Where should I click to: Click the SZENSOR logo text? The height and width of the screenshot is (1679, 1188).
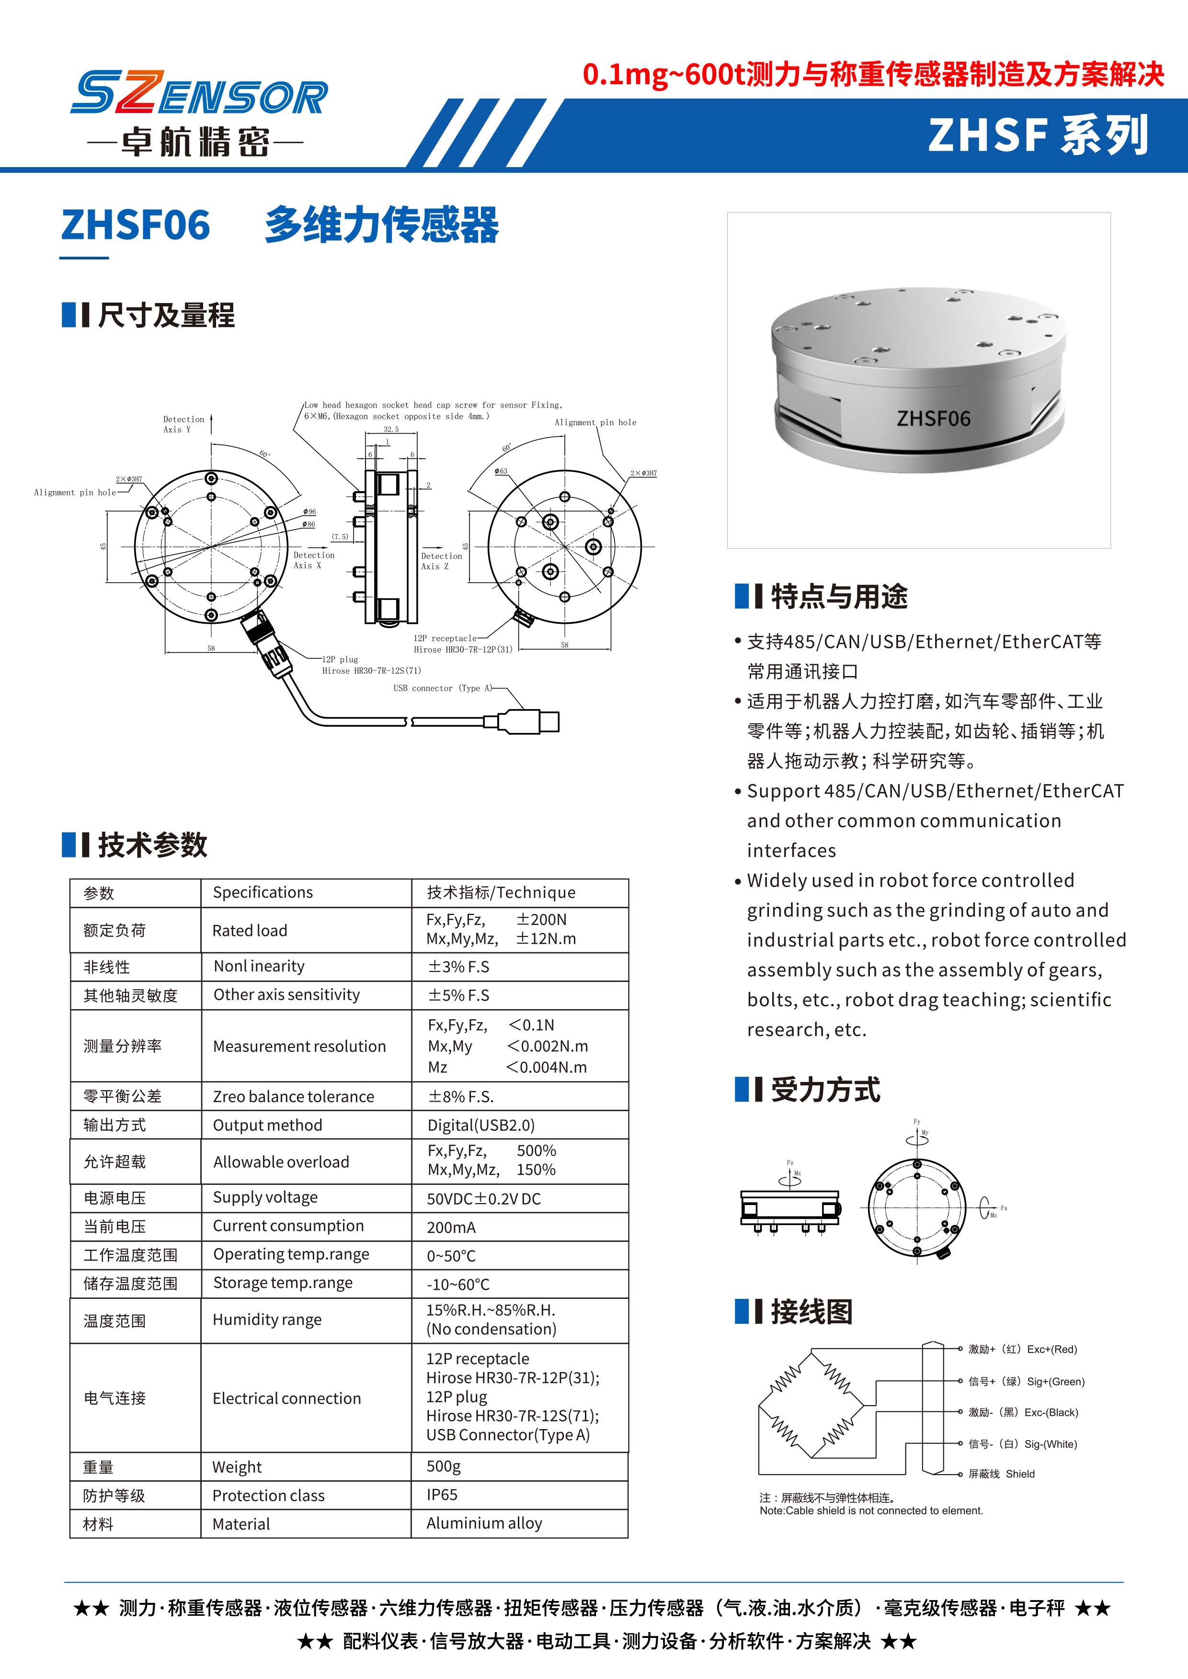[x=199, y=94]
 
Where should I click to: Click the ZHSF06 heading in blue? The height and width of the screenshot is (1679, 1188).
[x=136, y=225]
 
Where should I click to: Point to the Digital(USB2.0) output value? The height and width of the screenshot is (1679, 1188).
[x=480, y=1125]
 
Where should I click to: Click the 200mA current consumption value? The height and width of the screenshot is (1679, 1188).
[x=451, y=1227]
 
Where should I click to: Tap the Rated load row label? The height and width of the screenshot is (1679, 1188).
[x=250, y=930]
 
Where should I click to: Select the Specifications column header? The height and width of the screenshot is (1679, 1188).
[x=263, y=892]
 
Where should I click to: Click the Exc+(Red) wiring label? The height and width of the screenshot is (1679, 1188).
[x=1051, y=1349]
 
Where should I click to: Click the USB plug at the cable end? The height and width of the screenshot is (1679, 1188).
[x=537, y=722]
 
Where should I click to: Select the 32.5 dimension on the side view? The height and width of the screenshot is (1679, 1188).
[x=391, y=429]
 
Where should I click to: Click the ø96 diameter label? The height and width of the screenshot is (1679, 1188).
[x=309, y=511]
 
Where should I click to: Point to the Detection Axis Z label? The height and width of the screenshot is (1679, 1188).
[x=441, y=561]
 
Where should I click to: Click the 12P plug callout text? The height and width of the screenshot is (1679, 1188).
[x=340, y=659]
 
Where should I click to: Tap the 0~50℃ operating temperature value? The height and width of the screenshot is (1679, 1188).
[x=451, y=1256]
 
